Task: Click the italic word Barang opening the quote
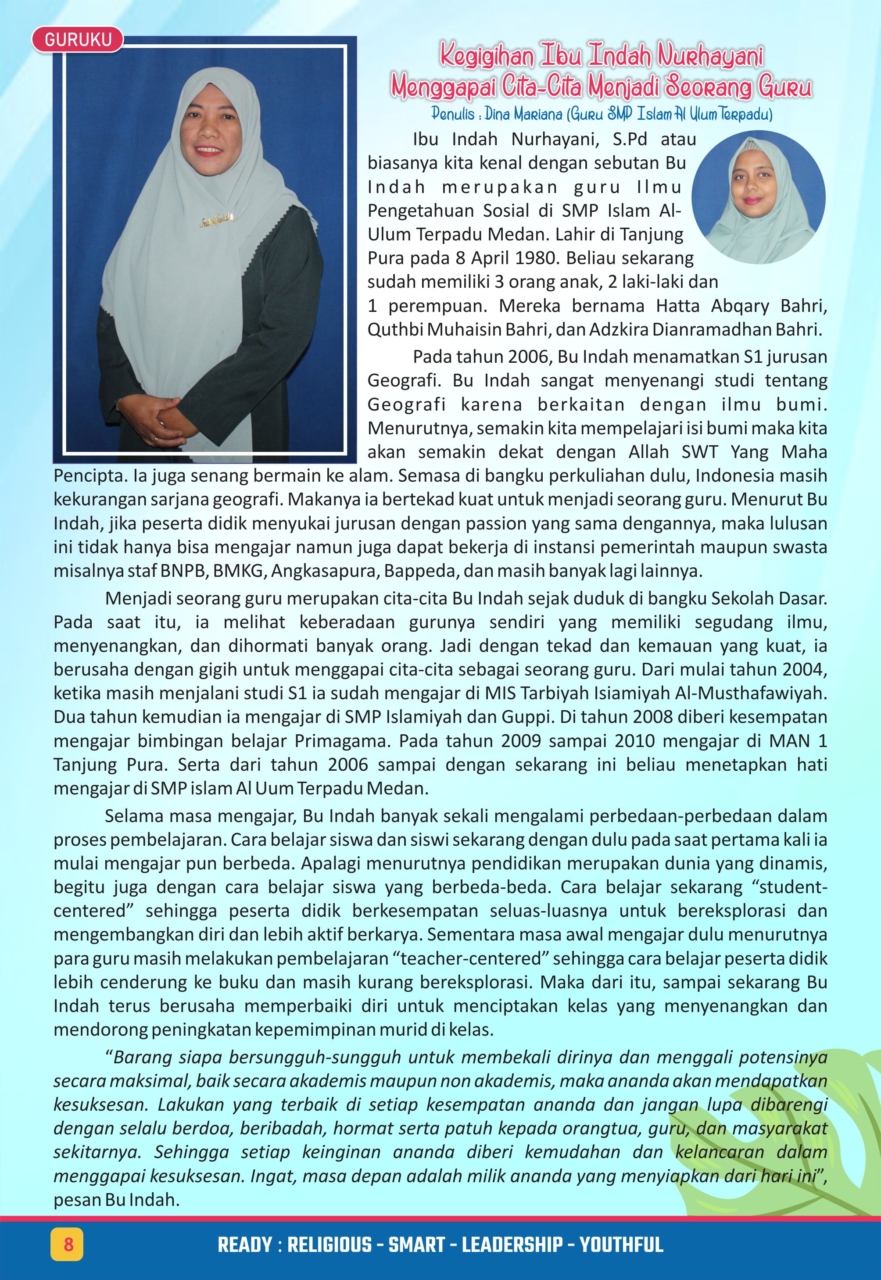(x=141, y=1057)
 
